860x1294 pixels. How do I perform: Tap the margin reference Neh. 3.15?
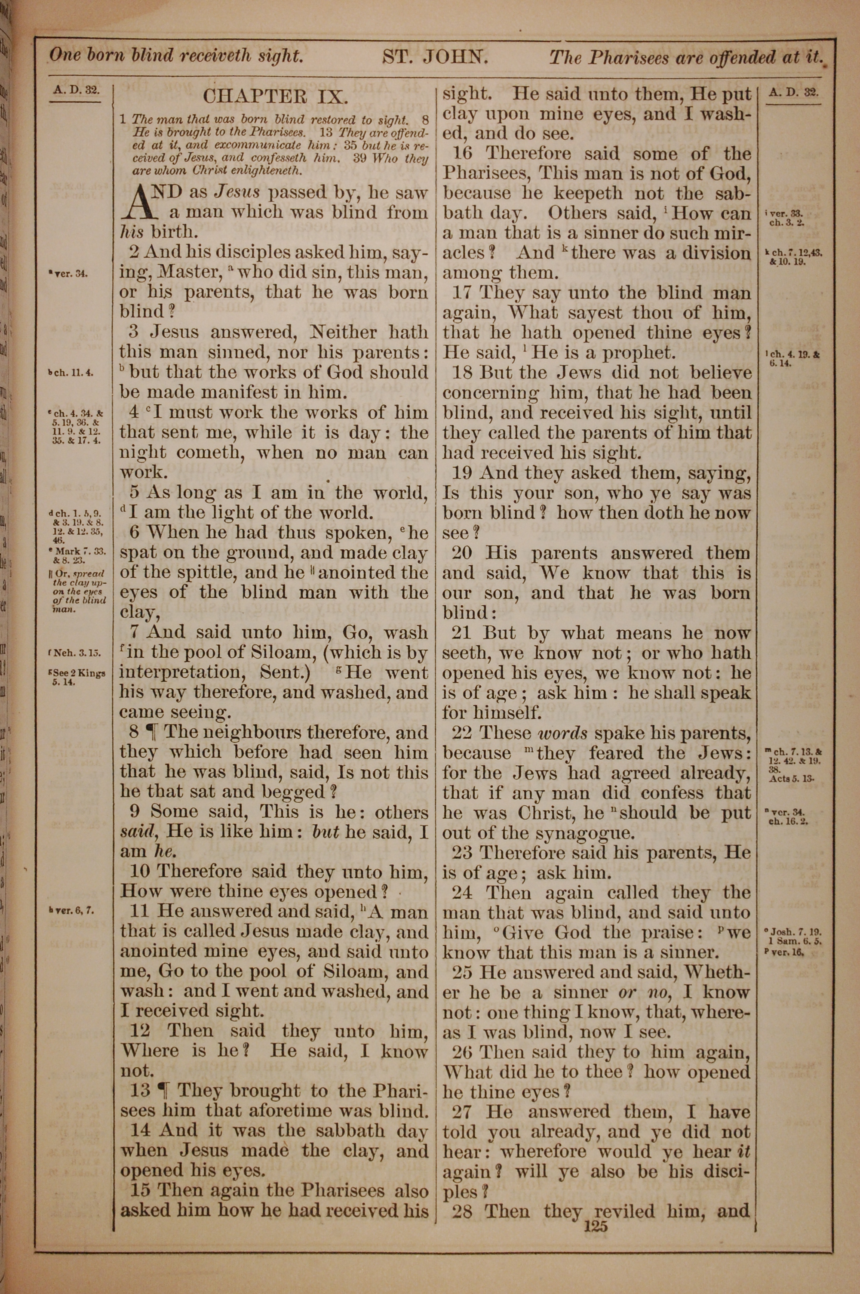[76, 653]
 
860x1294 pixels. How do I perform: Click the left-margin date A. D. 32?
[76, 90]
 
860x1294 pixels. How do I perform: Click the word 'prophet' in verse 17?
[637, 353]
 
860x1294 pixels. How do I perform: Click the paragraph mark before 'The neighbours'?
[152, 732]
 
